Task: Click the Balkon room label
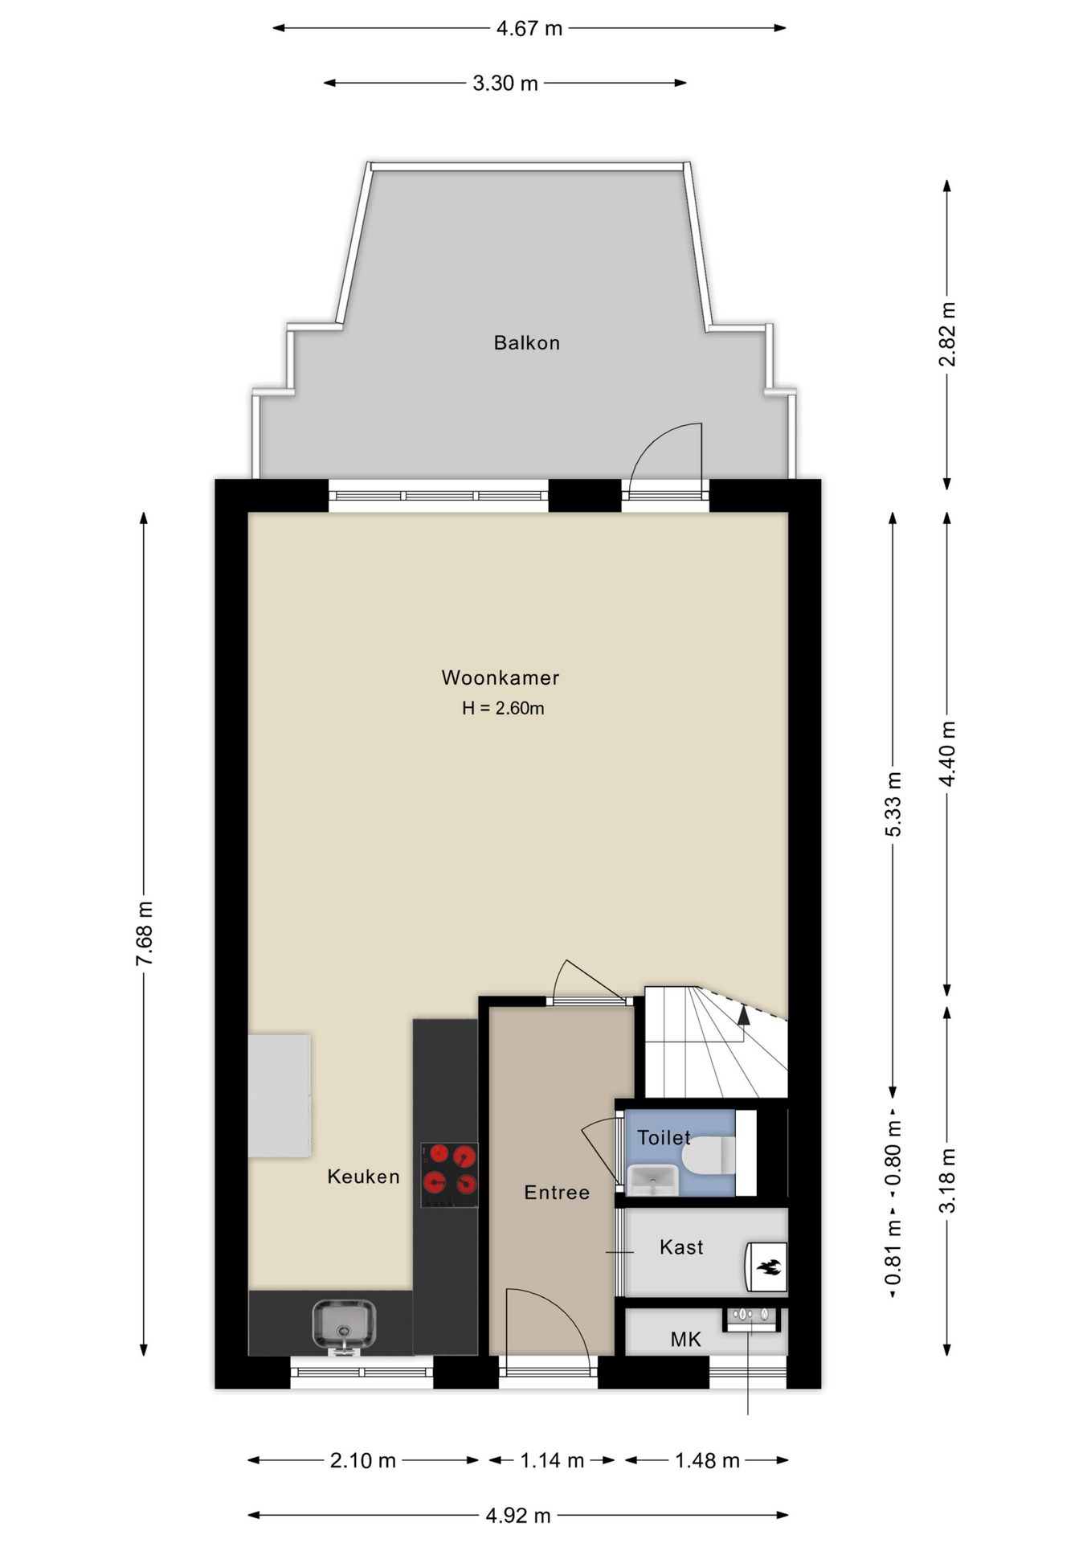(526, 343)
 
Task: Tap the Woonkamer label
(501, 677)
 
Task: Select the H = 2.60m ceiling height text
(503, 708)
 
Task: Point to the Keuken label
(363, 1177)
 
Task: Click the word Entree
(557, 1193)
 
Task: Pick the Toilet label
(664, 1137)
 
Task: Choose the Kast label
(681, 1246)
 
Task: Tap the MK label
(686, 1339)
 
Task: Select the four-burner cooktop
(449, 1175)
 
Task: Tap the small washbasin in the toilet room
(652, 1181)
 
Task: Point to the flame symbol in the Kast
(768, 1268)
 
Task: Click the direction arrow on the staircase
(744, 1015)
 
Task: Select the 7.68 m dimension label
(144, 934)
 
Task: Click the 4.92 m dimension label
(518, 1516)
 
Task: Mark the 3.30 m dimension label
(505, 83)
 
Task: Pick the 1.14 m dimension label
(552, 1460)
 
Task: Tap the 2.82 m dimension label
(947, 334)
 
